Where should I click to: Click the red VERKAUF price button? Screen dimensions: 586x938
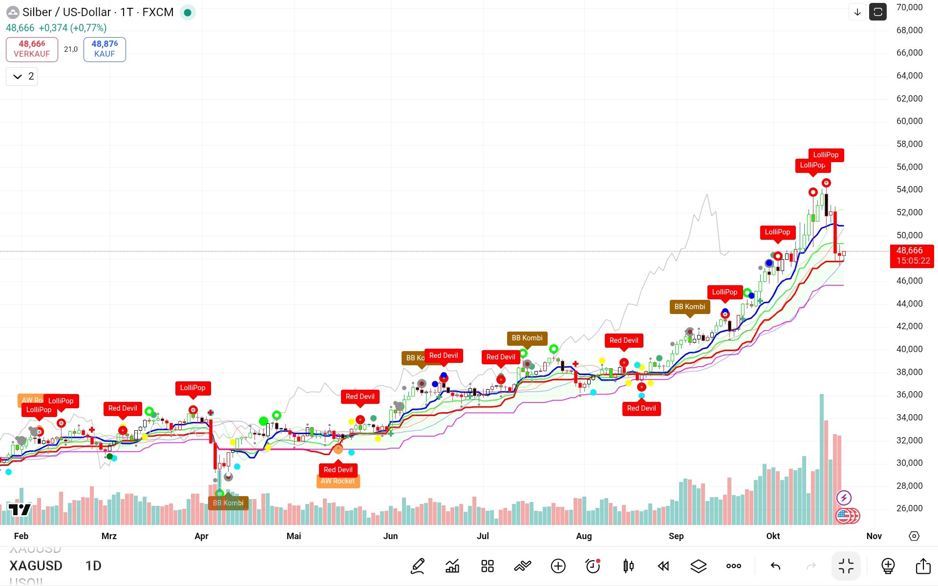click(32, 49)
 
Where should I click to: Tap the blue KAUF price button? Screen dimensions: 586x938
click(105, 49)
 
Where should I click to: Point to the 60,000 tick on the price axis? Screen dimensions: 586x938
click(909, 121)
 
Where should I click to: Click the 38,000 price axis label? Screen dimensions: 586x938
click(909, 372)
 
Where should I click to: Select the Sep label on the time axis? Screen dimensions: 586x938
click(676, 536)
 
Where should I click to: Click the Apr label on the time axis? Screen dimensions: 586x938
click(201, 536)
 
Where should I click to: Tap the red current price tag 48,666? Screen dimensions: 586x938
click(912, 255)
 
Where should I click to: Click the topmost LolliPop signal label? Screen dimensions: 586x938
click(826, 155)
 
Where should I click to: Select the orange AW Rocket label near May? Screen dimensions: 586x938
click(338, 481)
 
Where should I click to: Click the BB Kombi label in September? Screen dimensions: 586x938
click(689, 307)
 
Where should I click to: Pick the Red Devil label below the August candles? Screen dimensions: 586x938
click(641, 408)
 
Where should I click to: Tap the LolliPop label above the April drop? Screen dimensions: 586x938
click(192, 388)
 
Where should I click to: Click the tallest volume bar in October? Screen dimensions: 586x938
click(822, 459)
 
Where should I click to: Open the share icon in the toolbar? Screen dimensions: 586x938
click(923, 566)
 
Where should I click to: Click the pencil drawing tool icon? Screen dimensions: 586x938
click(418, 566)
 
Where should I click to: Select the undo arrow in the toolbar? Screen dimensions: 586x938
click(775, 566)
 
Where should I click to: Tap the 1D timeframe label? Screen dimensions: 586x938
click(93, 565)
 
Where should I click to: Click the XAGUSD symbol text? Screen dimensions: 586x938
click(36, 565)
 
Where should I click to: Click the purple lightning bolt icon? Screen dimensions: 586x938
click(844, 498)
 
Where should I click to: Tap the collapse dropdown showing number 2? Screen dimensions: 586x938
click(22, 76)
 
